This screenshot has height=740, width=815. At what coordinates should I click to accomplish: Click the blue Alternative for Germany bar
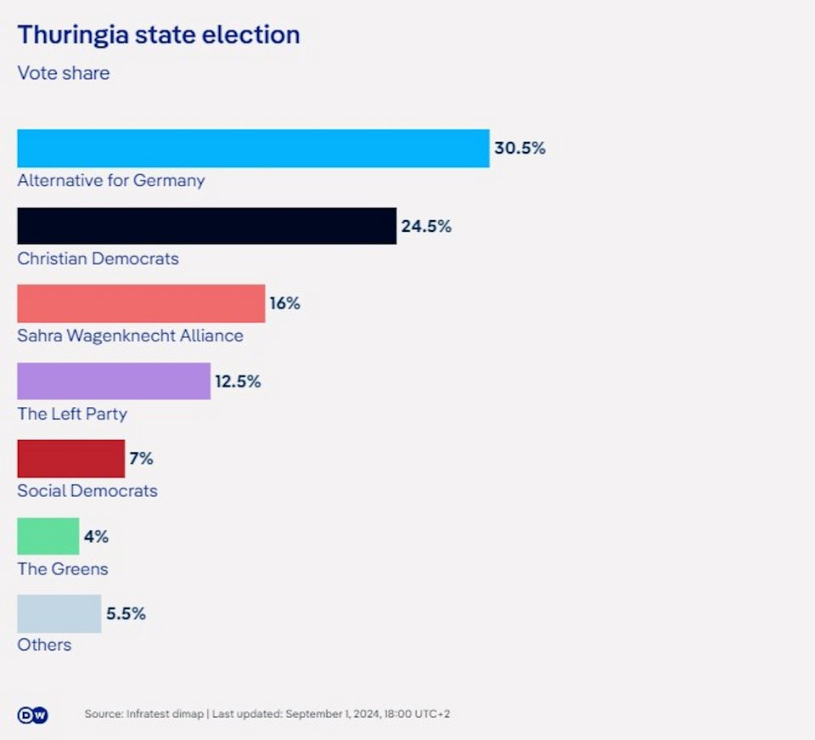pos(253,148)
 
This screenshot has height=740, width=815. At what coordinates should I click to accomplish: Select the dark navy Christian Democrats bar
pos(206,226)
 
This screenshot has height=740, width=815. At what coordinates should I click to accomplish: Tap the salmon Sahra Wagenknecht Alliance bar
pos(141,303)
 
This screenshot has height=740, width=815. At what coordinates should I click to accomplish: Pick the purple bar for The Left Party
pos(114,381)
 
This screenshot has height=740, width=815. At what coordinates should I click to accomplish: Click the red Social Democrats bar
pos(70,459)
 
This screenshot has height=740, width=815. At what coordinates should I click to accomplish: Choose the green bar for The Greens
pos(48,536)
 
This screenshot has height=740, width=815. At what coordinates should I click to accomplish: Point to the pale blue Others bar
pos(59,613)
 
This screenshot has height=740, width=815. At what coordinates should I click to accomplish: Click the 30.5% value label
pos(520,149)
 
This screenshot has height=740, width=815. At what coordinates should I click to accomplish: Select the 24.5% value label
pos(426,227)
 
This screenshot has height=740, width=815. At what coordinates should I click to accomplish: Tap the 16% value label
pos(285,303)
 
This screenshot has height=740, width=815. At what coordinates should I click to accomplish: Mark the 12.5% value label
pos(238,381)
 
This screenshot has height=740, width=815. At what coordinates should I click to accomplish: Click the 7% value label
pos(141,459)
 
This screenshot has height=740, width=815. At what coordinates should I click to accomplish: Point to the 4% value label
pos(96,537)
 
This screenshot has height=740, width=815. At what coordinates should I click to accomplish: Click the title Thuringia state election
pos(159,35)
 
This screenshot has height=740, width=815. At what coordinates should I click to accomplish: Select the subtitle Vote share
pos(64,73)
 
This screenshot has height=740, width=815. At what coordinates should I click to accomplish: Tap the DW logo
pos(33,715)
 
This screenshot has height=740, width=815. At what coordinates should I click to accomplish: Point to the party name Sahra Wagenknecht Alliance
pos(130,336)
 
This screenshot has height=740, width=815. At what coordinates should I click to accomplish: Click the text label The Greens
pos(63,568)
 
